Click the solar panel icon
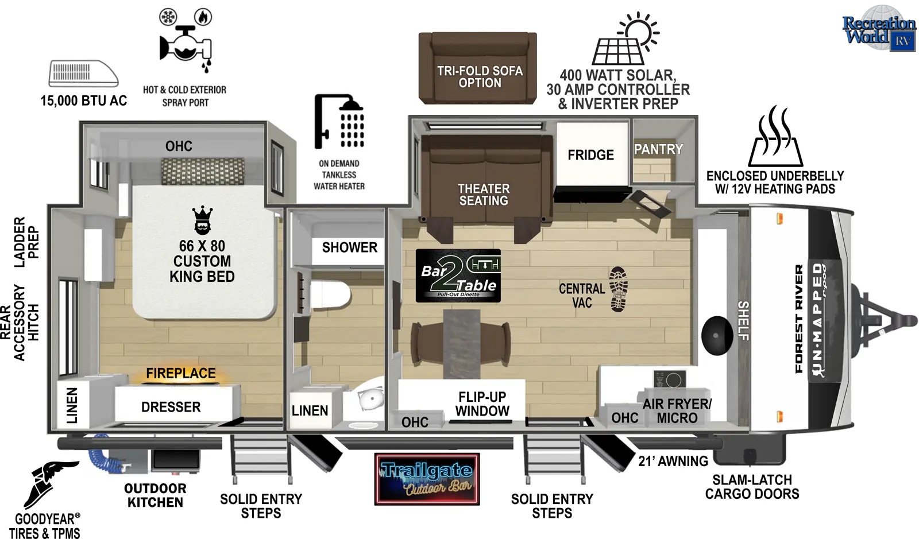[625, 38]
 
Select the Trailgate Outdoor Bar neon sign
[427, 479]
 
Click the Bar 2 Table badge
[458, 276]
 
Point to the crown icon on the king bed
[202, 220]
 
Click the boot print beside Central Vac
[618, 289]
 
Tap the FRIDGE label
[591, 155]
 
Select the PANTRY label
[658, 149]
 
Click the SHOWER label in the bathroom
[350, 247]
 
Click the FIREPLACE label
[181, 373]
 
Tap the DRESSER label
[171, 407]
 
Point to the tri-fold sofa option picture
[478, 68]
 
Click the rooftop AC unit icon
[84, 74]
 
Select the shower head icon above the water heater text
[339, 121]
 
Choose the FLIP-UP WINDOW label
[482, 404]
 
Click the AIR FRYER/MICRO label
[677, 410]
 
